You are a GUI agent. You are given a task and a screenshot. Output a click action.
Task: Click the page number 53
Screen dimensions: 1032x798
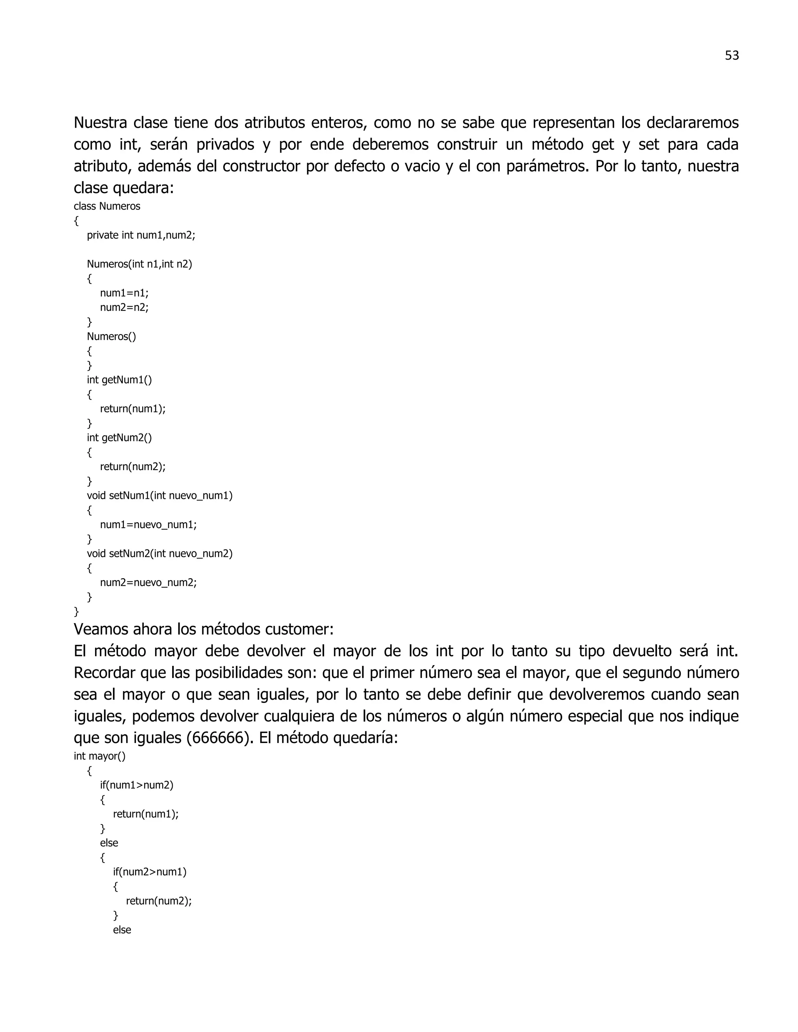[x=731, y=56]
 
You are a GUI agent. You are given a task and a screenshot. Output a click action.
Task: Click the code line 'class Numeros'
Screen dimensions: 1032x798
[x=107, y=206]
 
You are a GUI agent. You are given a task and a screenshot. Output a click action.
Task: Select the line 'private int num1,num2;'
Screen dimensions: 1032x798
[x=141, y=235]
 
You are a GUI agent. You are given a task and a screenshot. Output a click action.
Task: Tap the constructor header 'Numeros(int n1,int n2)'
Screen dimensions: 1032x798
[x=139, y=264]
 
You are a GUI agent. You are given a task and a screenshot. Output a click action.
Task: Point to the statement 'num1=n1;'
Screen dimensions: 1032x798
[x=124, y=293]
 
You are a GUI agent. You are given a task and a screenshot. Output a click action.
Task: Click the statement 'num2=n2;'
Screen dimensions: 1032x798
[x=124, y=307]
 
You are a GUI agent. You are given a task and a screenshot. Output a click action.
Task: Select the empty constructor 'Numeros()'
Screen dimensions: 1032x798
[x=111, y=336]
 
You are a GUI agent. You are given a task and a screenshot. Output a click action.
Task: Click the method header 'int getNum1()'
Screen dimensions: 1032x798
[x=119, y=380]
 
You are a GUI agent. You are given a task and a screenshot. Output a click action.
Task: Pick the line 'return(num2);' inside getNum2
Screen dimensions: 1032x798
[x=133, y=467]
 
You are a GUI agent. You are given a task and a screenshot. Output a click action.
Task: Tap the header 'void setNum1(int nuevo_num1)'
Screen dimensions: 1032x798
[x=160, y=495]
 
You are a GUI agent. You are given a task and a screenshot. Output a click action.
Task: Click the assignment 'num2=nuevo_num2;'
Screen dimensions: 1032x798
[x=148, y=582]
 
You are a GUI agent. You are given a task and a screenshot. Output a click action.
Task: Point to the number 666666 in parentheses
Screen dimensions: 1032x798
[x=217, y=738]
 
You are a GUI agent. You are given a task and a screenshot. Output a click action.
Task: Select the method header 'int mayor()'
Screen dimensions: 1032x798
[x=100, y=756]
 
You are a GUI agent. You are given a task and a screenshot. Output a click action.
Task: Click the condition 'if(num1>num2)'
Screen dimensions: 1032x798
[x=137, y=785]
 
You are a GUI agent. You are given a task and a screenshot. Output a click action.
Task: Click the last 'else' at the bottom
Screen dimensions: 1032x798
[x=122, y=930]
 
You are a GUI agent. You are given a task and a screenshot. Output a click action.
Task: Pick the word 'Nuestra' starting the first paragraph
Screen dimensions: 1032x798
[x=100, y=123]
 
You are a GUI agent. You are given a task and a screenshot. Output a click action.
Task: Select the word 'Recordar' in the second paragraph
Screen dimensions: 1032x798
[x=104, y=673]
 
